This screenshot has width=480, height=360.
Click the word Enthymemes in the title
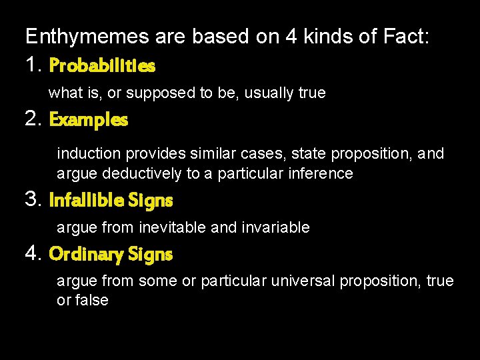click(x=87, y=37)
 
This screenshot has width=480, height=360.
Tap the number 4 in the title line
click(x=291, y=37)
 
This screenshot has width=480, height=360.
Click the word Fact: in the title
click(x=405, y=37)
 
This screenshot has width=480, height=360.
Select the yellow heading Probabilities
click(x=102, y=65)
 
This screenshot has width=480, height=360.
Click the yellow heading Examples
click(x=89, y=120)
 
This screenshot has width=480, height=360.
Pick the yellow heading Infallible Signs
click(x=111, y=200)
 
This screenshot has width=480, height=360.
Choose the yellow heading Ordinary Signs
click(x=111, y=254)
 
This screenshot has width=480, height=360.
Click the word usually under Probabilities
click(x=269, y=93)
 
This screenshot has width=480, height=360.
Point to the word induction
click(x=89, y=154)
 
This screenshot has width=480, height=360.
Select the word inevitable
click(x=173, y=227)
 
